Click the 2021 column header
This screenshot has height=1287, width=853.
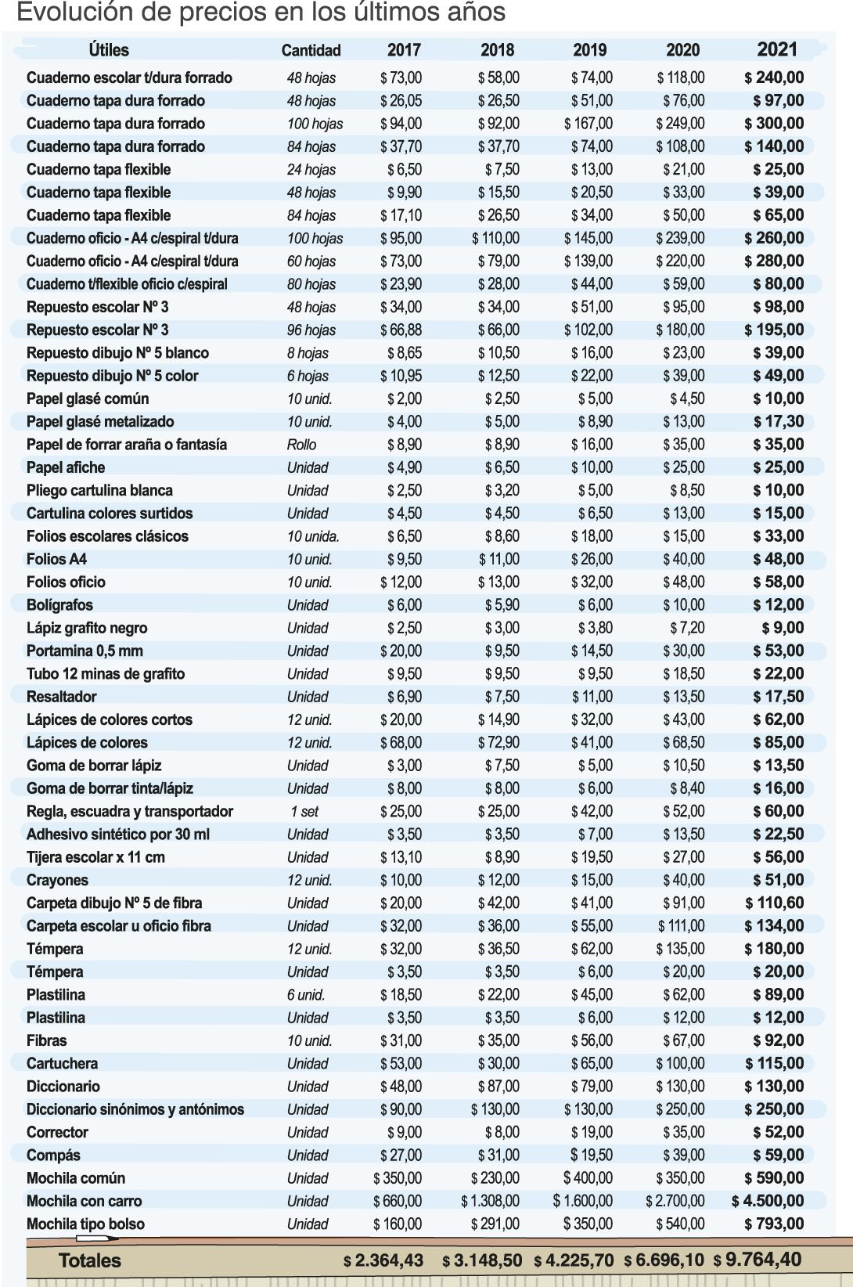click(x=776, y=49)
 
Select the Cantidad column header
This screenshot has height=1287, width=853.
click(x=311, y=50)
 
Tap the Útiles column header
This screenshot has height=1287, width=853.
click(x=109, y=50)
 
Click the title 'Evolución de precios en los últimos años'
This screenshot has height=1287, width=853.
click(x=261, y=13)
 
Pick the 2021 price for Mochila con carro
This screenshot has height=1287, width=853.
click(x=767, y=1201)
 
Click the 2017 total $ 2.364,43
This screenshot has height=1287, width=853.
click(x=383, y=1260)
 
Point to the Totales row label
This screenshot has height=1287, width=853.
click(x=90, y=1260)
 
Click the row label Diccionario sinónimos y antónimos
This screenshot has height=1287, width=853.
click(x=135, y=1109)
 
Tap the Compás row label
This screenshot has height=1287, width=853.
click(x=53, y=1155)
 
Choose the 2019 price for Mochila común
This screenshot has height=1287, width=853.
click(x=588, y=1178)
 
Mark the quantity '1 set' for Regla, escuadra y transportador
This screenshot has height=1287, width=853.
click(x=304, y=812)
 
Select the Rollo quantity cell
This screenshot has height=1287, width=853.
click(x=301, y=445)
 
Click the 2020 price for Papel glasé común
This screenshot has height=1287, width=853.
click(x=686, y=398)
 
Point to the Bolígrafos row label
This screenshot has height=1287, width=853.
click(x=59, y=605)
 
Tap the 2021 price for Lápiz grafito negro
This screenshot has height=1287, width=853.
click(x=783, y=628)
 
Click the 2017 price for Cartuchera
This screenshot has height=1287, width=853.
click(x=401, y=1063)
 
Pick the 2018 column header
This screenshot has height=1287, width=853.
click(x=497, y=50)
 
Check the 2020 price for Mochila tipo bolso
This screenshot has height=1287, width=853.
click(x=680, y=1224)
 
